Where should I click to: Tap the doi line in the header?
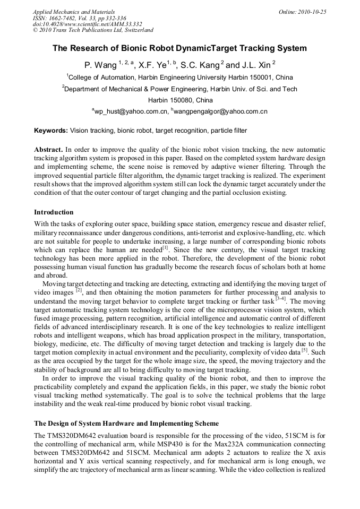tap(87, 24)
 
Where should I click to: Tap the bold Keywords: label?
tap(51, 131)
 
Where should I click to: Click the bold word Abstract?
tap(49, 150)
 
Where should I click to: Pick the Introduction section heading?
tap(54, 212)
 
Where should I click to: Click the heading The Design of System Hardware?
tap(126, 424)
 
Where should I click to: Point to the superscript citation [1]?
tap(165, 246)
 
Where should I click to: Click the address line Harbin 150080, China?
tap(180, 100)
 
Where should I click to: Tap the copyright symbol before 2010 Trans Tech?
tap(36, 30)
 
